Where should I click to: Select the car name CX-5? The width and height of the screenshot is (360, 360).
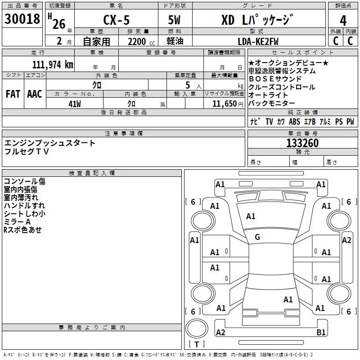point(116,20)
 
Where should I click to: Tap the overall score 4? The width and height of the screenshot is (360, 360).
point(343,20)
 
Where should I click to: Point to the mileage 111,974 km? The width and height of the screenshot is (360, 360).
point(53,64)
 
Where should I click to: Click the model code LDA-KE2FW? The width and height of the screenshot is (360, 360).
point(258,41)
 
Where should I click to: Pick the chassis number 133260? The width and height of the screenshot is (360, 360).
point(302,143)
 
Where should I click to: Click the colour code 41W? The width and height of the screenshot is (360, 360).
point(75,103)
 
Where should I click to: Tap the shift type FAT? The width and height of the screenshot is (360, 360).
point(13,94)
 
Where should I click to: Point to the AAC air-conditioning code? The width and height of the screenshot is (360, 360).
point(35,94)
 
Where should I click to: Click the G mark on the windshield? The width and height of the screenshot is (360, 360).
point(257,237)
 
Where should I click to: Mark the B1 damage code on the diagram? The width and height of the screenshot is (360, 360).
point(321,333)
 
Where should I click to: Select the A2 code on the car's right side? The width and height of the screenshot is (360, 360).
point(346,240)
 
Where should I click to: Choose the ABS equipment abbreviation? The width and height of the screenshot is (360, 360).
point(294,121)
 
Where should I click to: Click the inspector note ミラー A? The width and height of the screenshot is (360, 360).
point(17,222)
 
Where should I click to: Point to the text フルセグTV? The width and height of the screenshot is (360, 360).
point(27,151)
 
